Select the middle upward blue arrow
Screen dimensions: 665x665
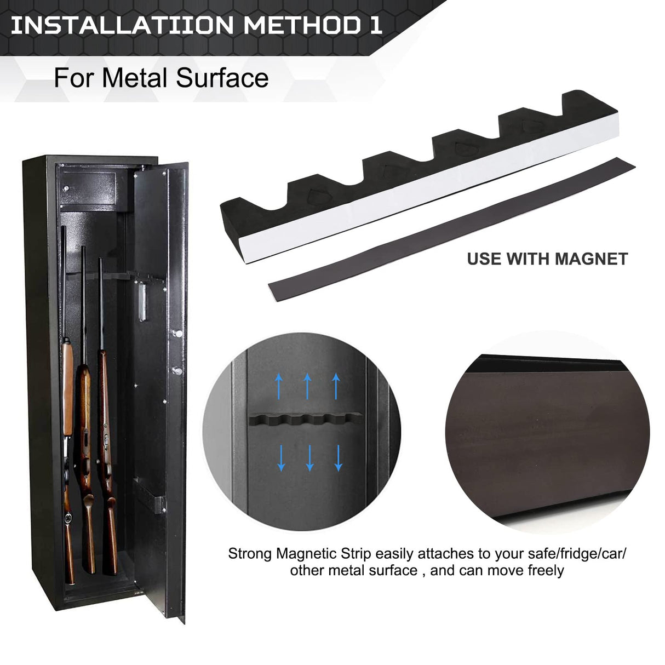307,386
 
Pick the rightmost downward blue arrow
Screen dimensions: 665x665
338,458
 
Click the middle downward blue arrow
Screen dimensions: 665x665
309,458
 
